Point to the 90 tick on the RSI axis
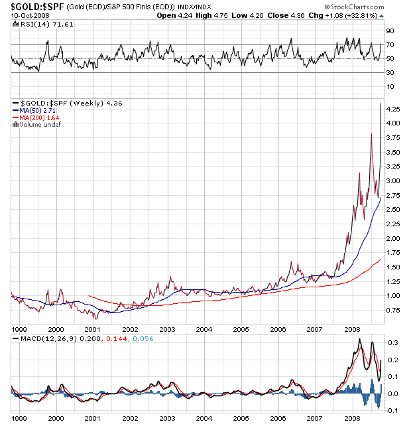tap(391, 31)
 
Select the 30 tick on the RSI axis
tap(391, 73)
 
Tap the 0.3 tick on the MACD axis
tap(392, 343)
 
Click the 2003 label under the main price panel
tap(167, 328)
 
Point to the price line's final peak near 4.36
tap(381, 104)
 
